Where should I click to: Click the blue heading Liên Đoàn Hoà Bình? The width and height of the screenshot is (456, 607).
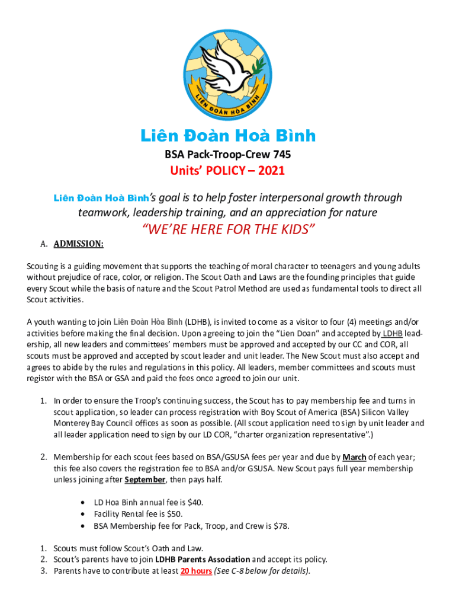pos(228,136)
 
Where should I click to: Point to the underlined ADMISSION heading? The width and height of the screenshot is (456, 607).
pos(79,244)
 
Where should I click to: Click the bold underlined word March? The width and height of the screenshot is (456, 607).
pos(354,457)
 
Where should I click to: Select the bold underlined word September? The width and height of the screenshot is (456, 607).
pos(144,480)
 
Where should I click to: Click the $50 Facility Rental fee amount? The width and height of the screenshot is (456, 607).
pos(174,514)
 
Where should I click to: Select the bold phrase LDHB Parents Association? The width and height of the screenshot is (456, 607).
pos(203,560)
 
